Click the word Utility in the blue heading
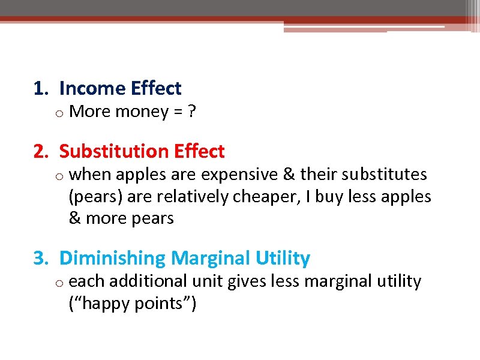coord(282,259)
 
